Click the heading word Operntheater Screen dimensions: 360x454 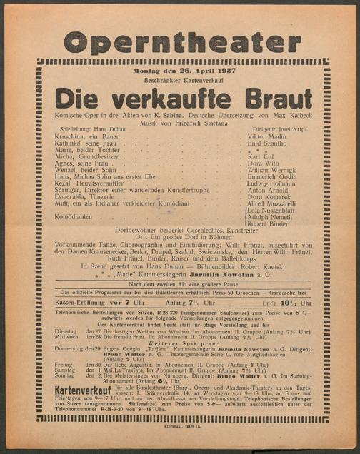click(x=179, y=43)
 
